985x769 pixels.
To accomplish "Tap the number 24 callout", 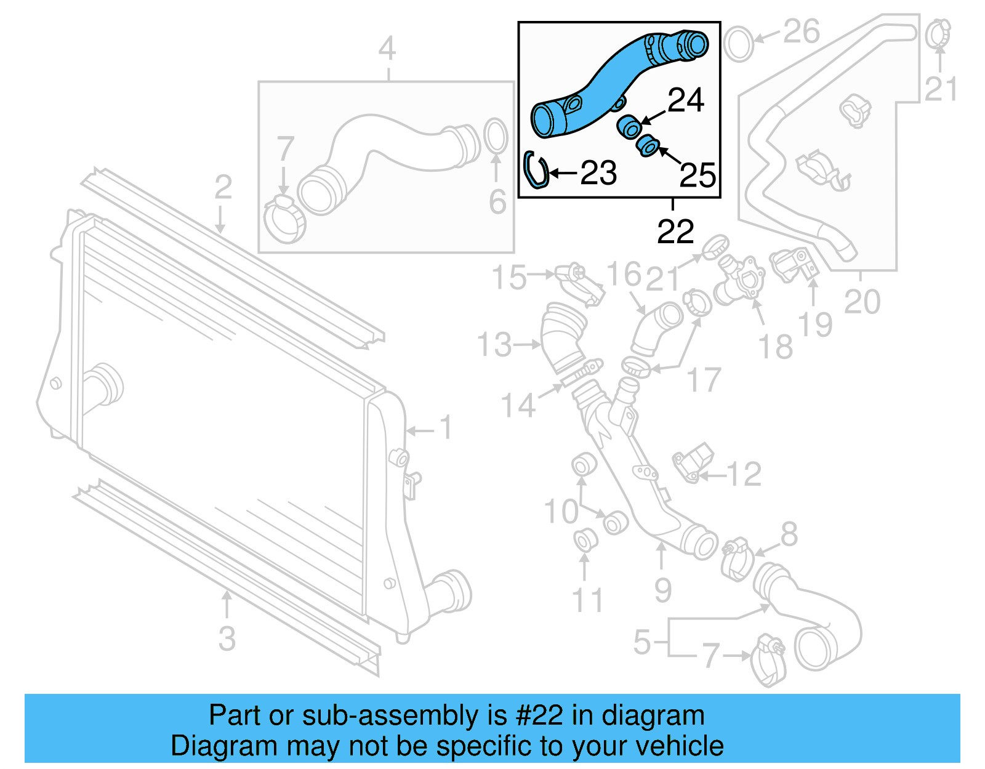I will pos(685,100).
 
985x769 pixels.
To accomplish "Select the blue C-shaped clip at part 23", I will pos(535,170).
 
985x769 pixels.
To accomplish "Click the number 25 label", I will pos(698,175).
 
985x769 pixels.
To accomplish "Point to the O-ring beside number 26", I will pos(738,43).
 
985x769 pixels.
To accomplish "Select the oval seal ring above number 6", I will pos(496,136).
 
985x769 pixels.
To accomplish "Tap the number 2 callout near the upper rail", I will pos(223,187).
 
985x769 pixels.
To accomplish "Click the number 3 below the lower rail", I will pos(227,638).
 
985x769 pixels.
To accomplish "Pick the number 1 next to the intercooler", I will pos(446,427).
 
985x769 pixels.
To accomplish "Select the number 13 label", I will pos(494,345).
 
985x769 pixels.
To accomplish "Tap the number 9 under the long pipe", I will pos(662,590).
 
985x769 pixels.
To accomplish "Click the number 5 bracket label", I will pos(642,642).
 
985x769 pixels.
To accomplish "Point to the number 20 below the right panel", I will pos(862,302).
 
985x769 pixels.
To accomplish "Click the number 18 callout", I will pos(775,347).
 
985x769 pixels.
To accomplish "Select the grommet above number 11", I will pos(585,539).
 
